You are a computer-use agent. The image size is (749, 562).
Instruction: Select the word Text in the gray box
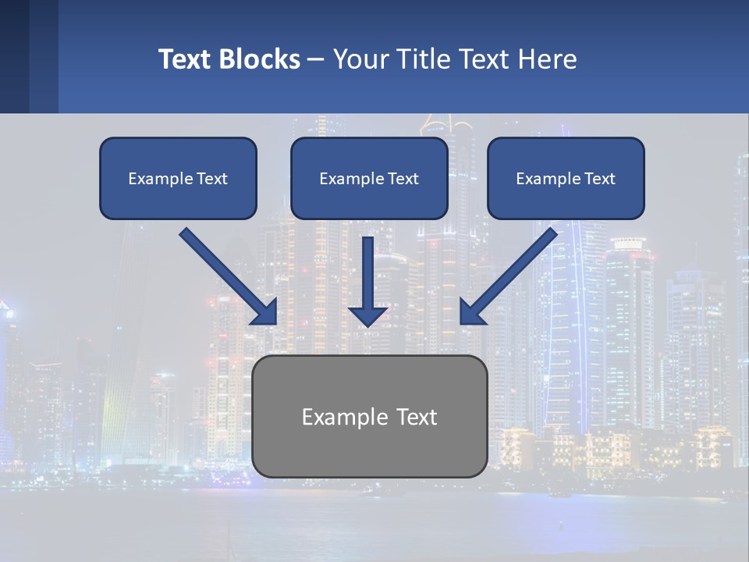point(415,417)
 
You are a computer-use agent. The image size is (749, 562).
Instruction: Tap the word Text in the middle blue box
point(403,179)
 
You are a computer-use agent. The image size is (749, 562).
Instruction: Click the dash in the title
point(316,60)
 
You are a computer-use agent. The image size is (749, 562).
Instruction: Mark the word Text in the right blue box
point(599,179)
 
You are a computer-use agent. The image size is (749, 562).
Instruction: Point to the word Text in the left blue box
point(211,179)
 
